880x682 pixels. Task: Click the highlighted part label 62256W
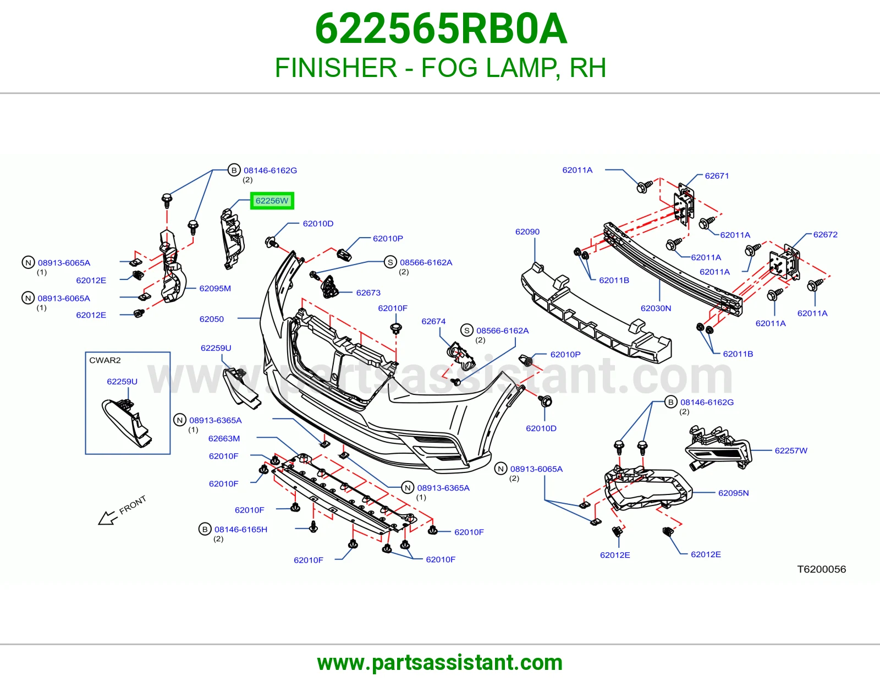(x=272, y=201)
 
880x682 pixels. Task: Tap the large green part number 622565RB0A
(x=441, y=29)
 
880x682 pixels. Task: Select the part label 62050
(x=211, y=319)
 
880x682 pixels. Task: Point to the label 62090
(x=527, y=232)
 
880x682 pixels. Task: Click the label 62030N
(x=656, y=308)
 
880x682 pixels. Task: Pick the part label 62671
(x=717, y=176)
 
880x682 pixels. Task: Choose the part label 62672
(x=826, y=234)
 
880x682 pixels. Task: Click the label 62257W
(x=791, y=450)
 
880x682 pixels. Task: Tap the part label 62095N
(x=733, y=493)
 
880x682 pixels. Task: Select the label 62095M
(x=215, y=288)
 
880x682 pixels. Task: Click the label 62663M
(x=224, y=438)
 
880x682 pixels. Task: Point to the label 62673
(x=368, y=293)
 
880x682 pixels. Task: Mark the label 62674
(x=433, y=321)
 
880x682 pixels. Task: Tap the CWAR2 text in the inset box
(x=105, y=360)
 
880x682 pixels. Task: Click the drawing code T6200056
(x=822, y=569)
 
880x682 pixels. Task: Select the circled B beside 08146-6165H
(x=205, y=529)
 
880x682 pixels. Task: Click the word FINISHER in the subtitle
(x=335, y=68)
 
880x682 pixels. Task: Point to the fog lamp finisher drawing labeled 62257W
(x=718, y=448)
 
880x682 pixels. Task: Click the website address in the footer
(x=440, y=663)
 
